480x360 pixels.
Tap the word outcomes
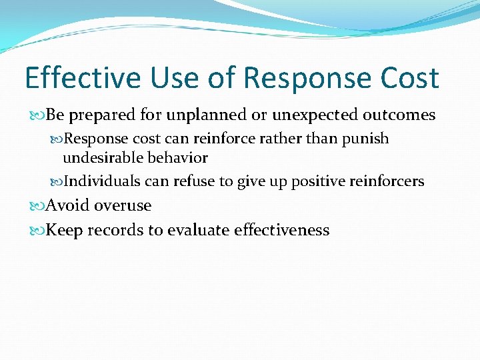399,115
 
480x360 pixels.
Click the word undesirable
100,158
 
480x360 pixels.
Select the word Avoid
68,205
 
